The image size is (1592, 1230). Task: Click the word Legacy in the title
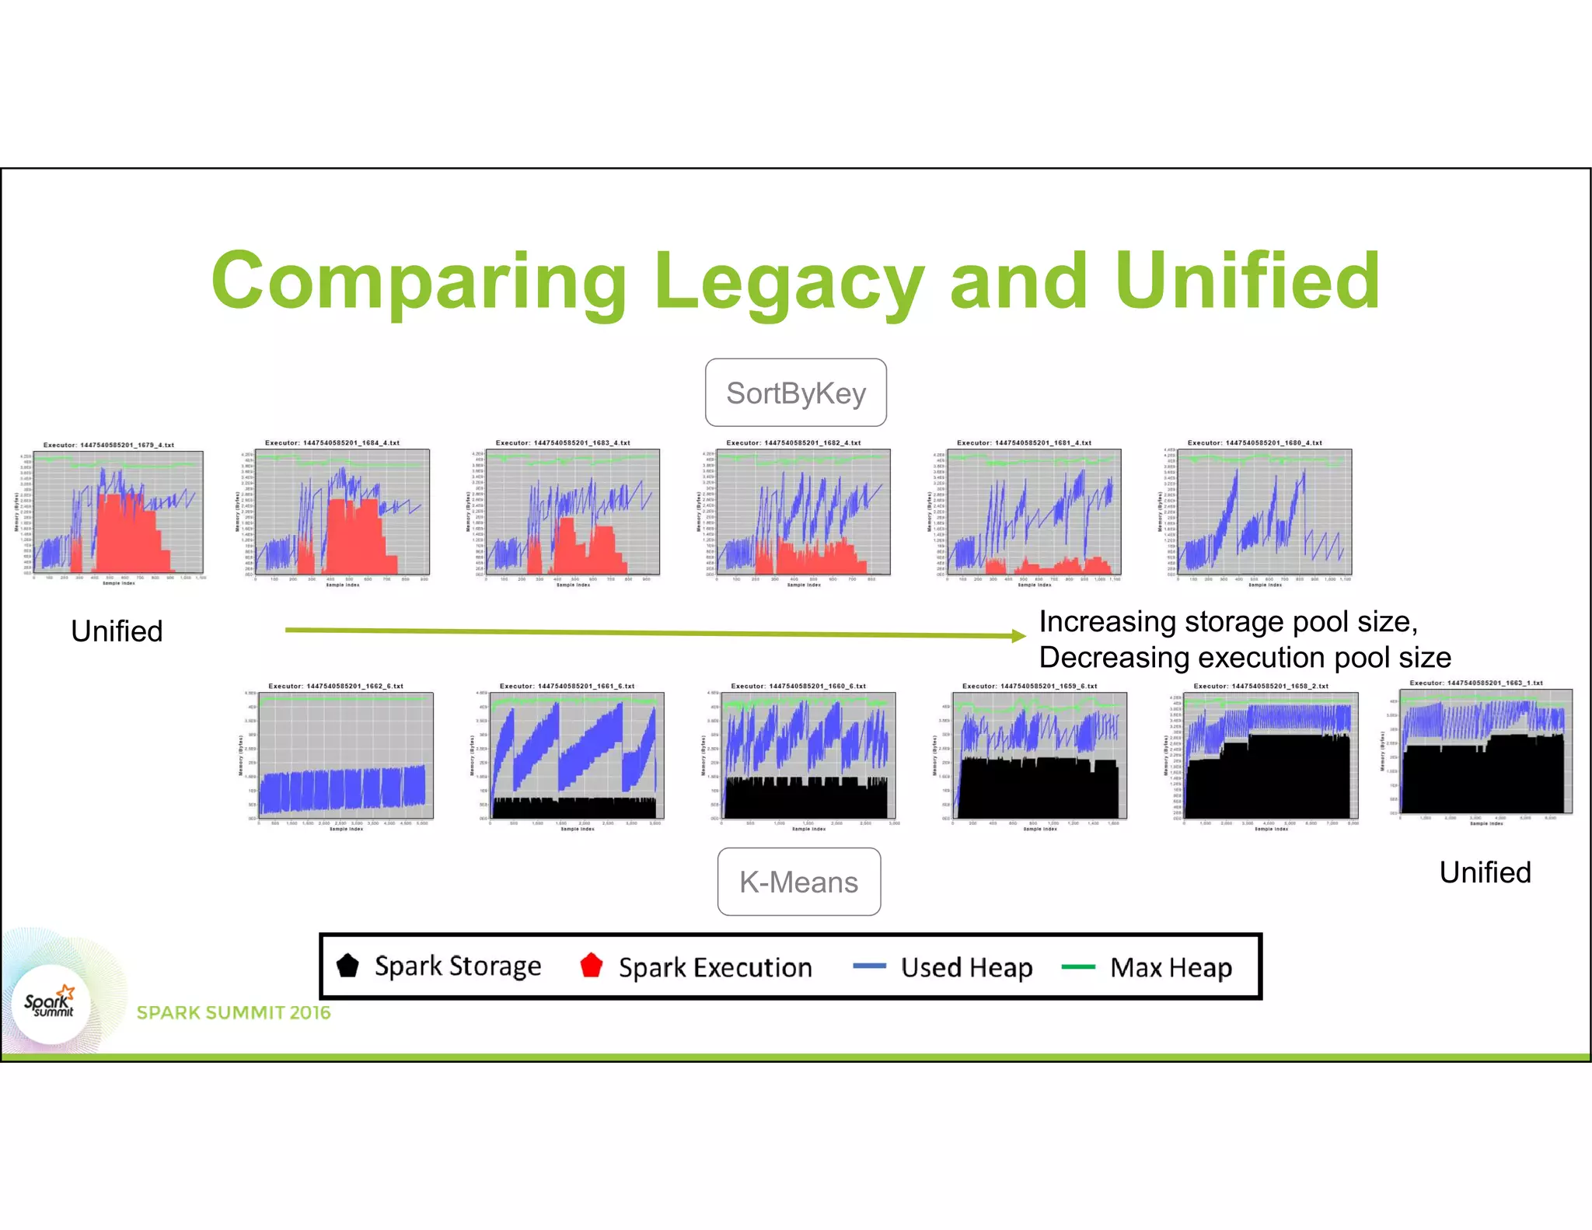pos(789,281)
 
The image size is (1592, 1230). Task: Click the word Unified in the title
pos(1247,281)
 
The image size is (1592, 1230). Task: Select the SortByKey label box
pos(795,393)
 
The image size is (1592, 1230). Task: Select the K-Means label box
pos(798,882)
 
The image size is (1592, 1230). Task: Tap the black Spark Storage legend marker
pos(347,966)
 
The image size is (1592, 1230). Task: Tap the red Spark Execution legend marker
pos(592,966)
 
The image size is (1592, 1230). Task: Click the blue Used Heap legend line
pos(869,966)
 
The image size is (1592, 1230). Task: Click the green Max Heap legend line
pos(1078,966)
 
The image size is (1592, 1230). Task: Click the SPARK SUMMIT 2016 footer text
pos(233,1012)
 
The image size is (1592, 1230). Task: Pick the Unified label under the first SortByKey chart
pos(117,631)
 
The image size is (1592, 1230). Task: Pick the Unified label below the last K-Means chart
pos(1485,872)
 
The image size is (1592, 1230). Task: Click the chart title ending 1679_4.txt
pos(109,446)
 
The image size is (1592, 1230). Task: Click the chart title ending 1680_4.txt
pos(1254,443)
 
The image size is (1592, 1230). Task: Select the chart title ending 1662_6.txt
pos(336,687)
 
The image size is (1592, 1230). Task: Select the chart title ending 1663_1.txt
pos(1475,683)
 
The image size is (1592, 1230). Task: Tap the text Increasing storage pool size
pos(1228,622)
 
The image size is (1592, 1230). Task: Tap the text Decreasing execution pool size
pos(1245,658)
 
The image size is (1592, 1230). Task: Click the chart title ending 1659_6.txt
pos(1029,687)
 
